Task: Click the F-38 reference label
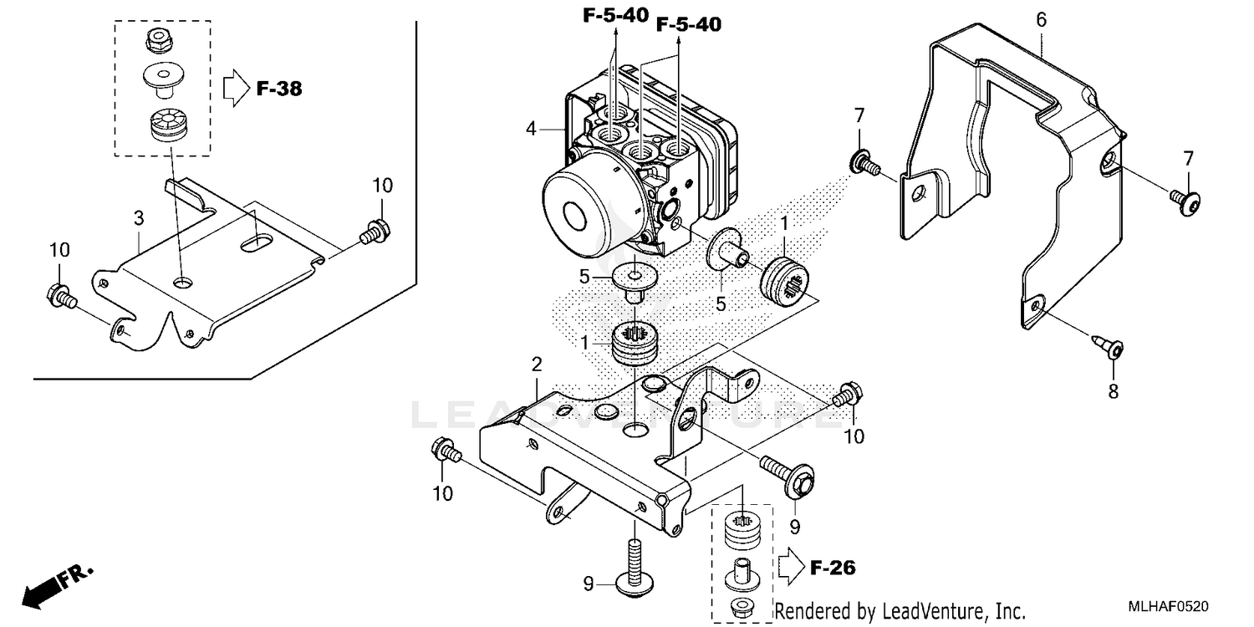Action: (x=278, y=89)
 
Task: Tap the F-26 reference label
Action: (x=833, y=568)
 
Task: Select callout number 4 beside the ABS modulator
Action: (x=530, y=129)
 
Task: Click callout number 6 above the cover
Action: (x=1041, y=19)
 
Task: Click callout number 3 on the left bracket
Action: (x=139, y=218)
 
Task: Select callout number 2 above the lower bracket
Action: (x=537, y=364)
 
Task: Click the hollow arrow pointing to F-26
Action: (x=790, y=568)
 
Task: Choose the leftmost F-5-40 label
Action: (x=614, y=15)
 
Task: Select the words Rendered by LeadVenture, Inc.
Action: (x=900, y=611)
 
